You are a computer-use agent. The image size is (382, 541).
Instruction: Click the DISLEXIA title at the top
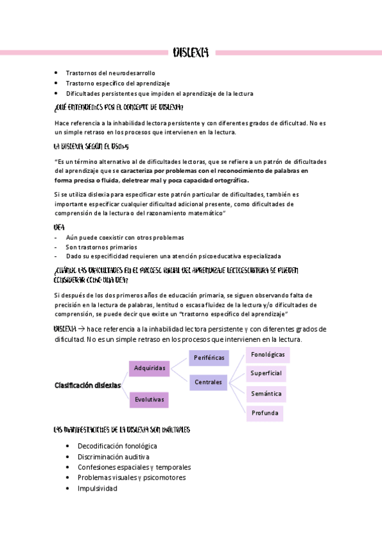click(x=191, y=52)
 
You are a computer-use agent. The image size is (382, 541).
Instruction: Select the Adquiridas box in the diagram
click(x=150, y=368)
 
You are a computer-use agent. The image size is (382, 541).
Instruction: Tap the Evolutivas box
click(x=150, y=400)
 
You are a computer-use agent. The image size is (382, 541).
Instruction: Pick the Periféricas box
click(x=209, y=358)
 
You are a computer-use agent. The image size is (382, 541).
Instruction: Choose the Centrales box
click(x=209, y=382)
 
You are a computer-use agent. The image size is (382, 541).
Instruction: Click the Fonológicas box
click(x=267, y=354)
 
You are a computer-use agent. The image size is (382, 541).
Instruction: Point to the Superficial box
click(x=266, y=373)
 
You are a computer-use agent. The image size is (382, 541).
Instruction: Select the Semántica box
click(x=266, y=394)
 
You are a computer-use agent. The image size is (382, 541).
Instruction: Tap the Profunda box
click(x=265, y=413)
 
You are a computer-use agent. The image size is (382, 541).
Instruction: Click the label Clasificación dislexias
click(x=87, y=385)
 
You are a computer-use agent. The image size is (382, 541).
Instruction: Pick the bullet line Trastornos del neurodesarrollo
click(x=110, y=73)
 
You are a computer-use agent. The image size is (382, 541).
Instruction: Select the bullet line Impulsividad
click(x=97, y=488)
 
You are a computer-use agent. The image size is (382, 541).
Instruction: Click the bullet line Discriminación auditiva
click(x=114, y=457)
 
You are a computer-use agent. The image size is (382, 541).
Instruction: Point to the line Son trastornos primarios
click(x=101, y=247)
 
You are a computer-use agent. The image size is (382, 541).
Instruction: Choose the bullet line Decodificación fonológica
click(x=117, y=446)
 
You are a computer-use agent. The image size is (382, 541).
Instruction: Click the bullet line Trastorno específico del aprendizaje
click(x=118, y=84)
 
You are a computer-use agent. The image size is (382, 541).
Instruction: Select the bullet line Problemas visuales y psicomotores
click(x=132, y=477)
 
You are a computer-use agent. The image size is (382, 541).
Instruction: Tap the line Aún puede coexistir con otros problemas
click(x=125, y=237)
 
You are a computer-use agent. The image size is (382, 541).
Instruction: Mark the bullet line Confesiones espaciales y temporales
click(x=134, y=467)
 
